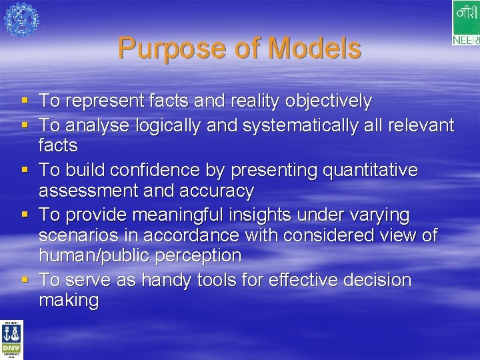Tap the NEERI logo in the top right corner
coord(465,23)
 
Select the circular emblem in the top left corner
coord(21,19)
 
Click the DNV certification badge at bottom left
coord(11,340)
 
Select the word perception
coord(198,255)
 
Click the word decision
coord(375,280)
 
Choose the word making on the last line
coord(69,301)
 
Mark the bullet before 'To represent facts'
coord(25,101)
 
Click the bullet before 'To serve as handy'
coord(25,280)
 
